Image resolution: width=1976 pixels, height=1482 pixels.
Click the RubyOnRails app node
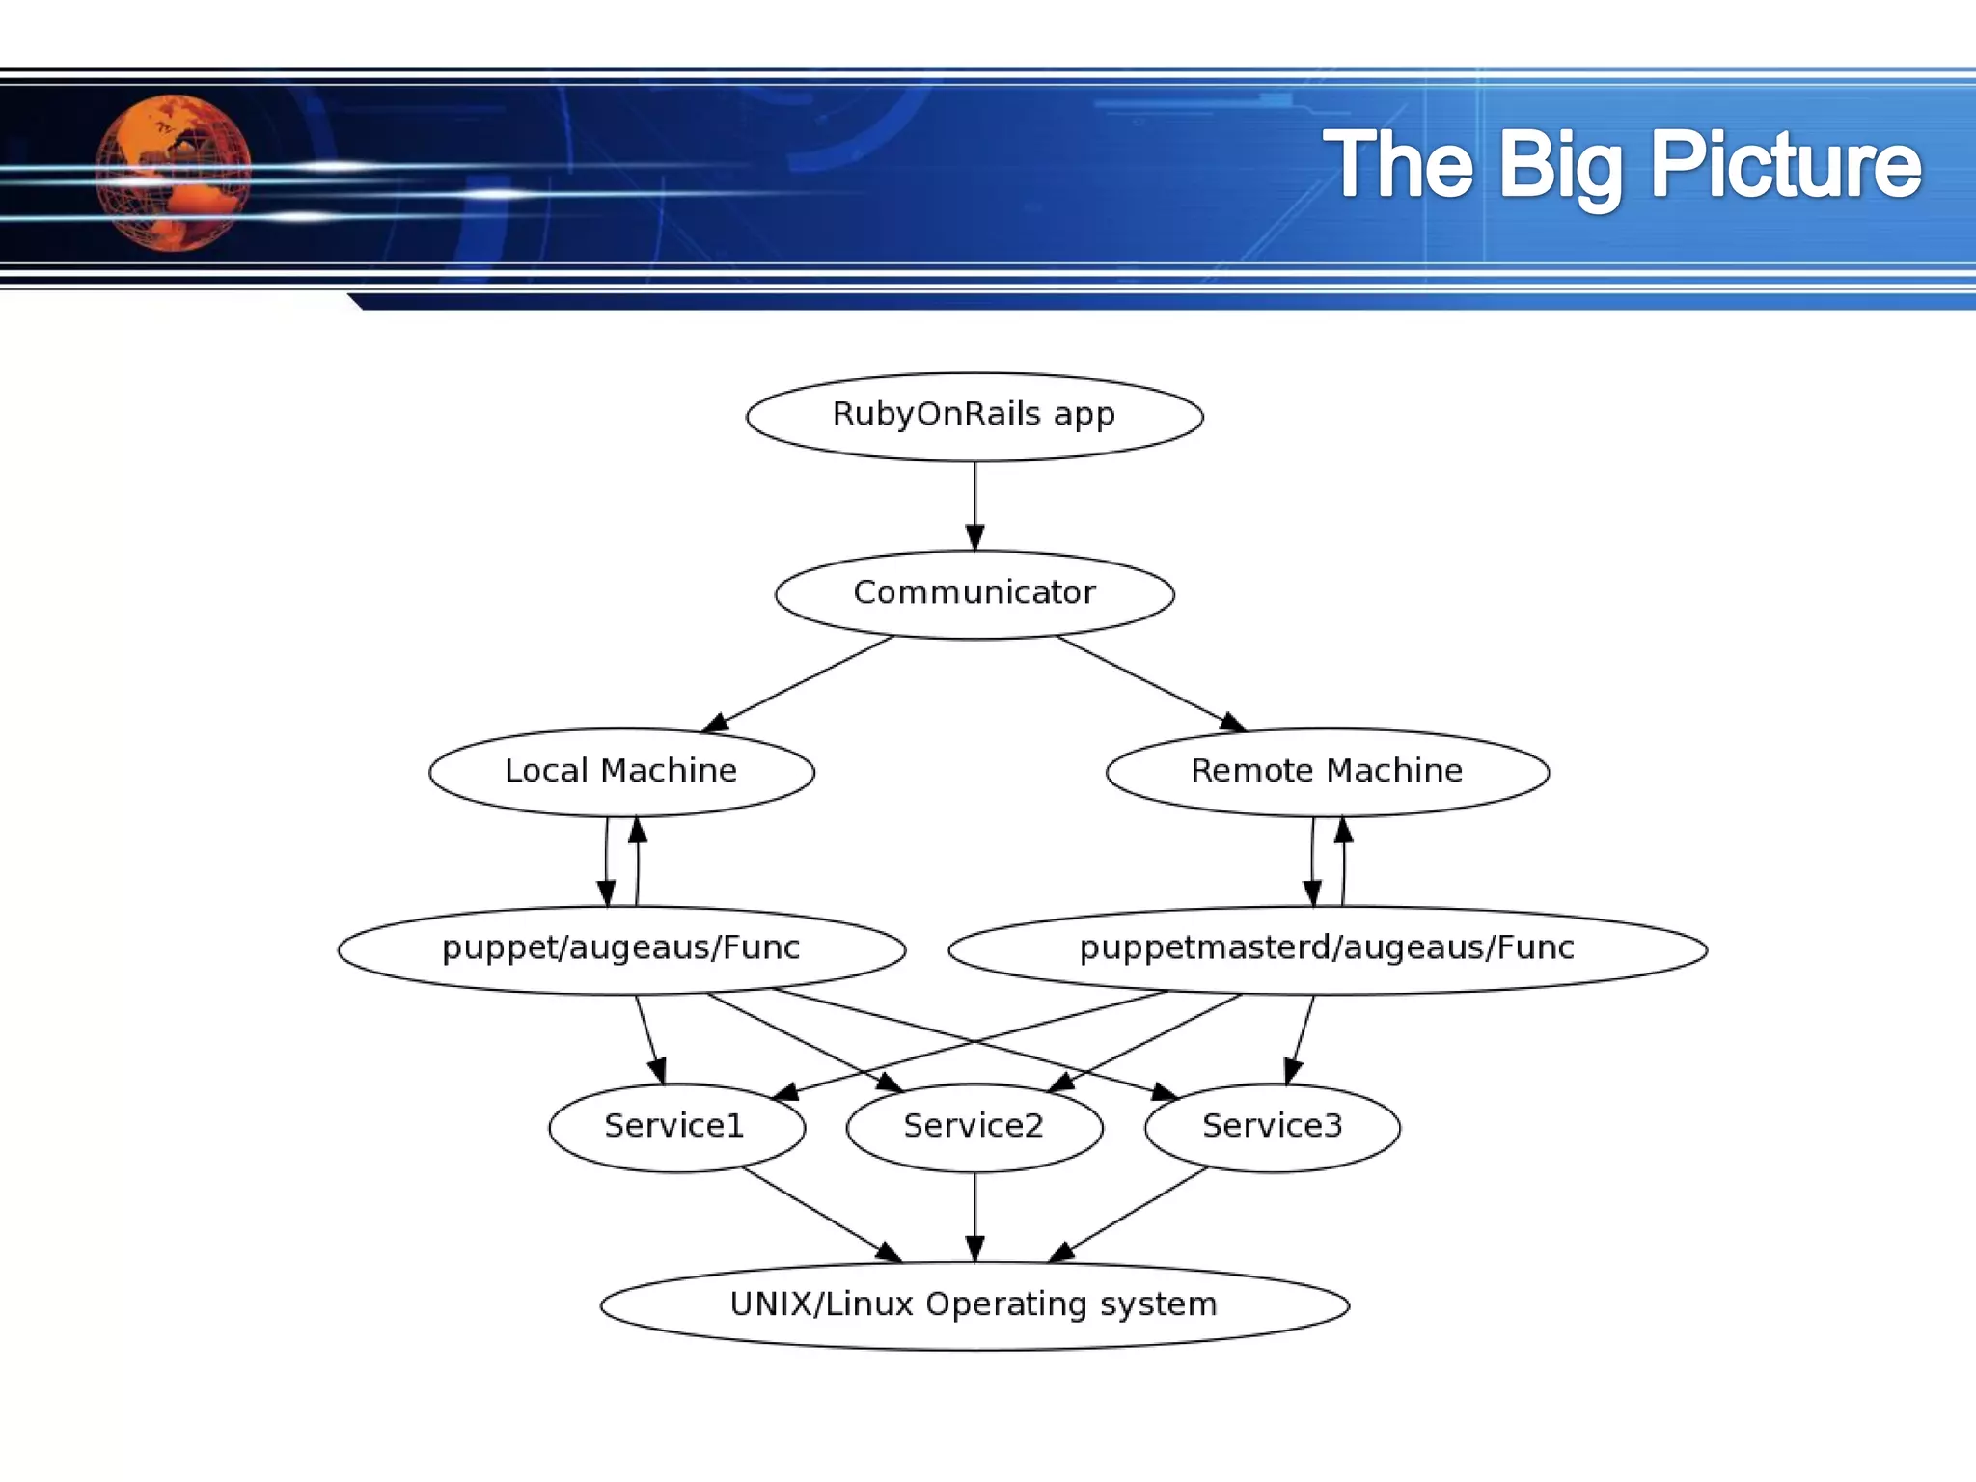pos(974,416)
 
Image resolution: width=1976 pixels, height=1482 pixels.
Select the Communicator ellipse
pos(974,593)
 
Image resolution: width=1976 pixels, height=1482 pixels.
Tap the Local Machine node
pos(621,771)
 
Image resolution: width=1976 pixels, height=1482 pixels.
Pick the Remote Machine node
pos(1327,771)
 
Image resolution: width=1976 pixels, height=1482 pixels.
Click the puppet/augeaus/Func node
pos(621,948)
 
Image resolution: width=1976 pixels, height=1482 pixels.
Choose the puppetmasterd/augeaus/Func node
pos(1327,948)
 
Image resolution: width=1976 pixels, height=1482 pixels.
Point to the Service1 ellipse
pos(675,1126)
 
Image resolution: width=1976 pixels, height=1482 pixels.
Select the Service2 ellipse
pos(974,1126)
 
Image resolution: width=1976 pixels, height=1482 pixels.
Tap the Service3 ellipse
pos(1272,1126)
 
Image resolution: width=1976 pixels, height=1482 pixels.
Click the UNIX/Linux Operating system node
pos(974,1304)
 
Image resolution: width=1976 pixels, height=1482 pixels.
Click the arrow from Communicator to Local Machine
pos(801,682)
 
